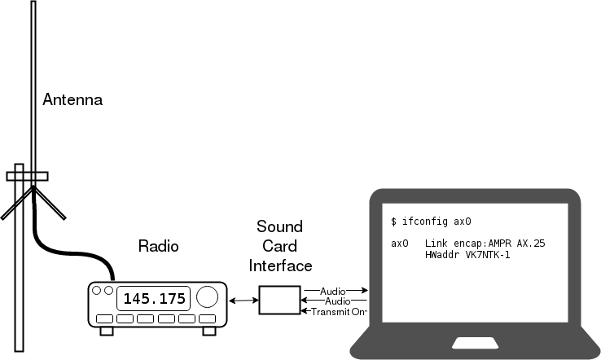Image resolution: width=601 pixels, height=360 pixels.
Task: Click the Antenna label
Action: pos(72,100)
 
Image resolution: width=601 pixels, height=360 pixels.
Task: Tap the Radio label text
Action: pos(158,246)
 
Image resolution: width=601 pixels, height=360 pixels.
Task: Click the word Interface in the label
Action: pos(280,265)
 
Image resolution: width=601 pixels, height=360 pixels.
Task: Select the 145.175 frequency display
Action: pos(154,298)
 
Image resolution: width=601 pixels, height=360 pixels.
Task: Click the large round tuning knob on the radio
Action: pos(208,297)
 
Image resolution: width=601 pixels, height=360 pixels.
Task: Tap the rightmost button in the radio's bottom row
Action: pos(208,318)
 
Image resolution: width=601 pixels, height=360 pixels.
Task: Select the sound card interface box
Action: pos(279,301)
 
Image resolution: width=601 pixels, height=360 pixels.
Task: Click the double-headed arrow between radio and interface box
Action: pos(243,301)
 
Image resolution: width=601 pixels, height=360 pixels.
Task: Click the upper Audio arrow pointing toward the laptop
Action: pos(335,290)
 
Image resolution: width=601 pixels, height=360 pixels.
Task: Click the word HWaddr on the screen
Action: pos(441,255)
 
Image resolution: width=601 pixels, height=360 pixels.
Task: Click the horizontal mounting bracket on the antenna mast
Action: pos(26,175)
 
